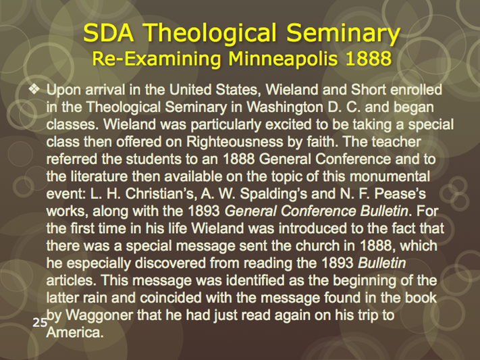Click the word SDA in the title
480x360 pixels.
109,32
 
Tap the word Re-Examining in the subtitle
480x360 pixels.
157,59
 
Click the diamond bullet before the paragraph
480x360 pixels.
34,89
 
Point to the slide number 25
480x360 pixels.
40,322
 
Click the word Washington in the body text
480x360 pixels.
285,107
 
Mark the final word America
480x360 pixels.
74,332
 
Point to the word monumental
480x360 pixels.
390,176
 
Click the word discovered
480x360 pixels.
170,263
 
